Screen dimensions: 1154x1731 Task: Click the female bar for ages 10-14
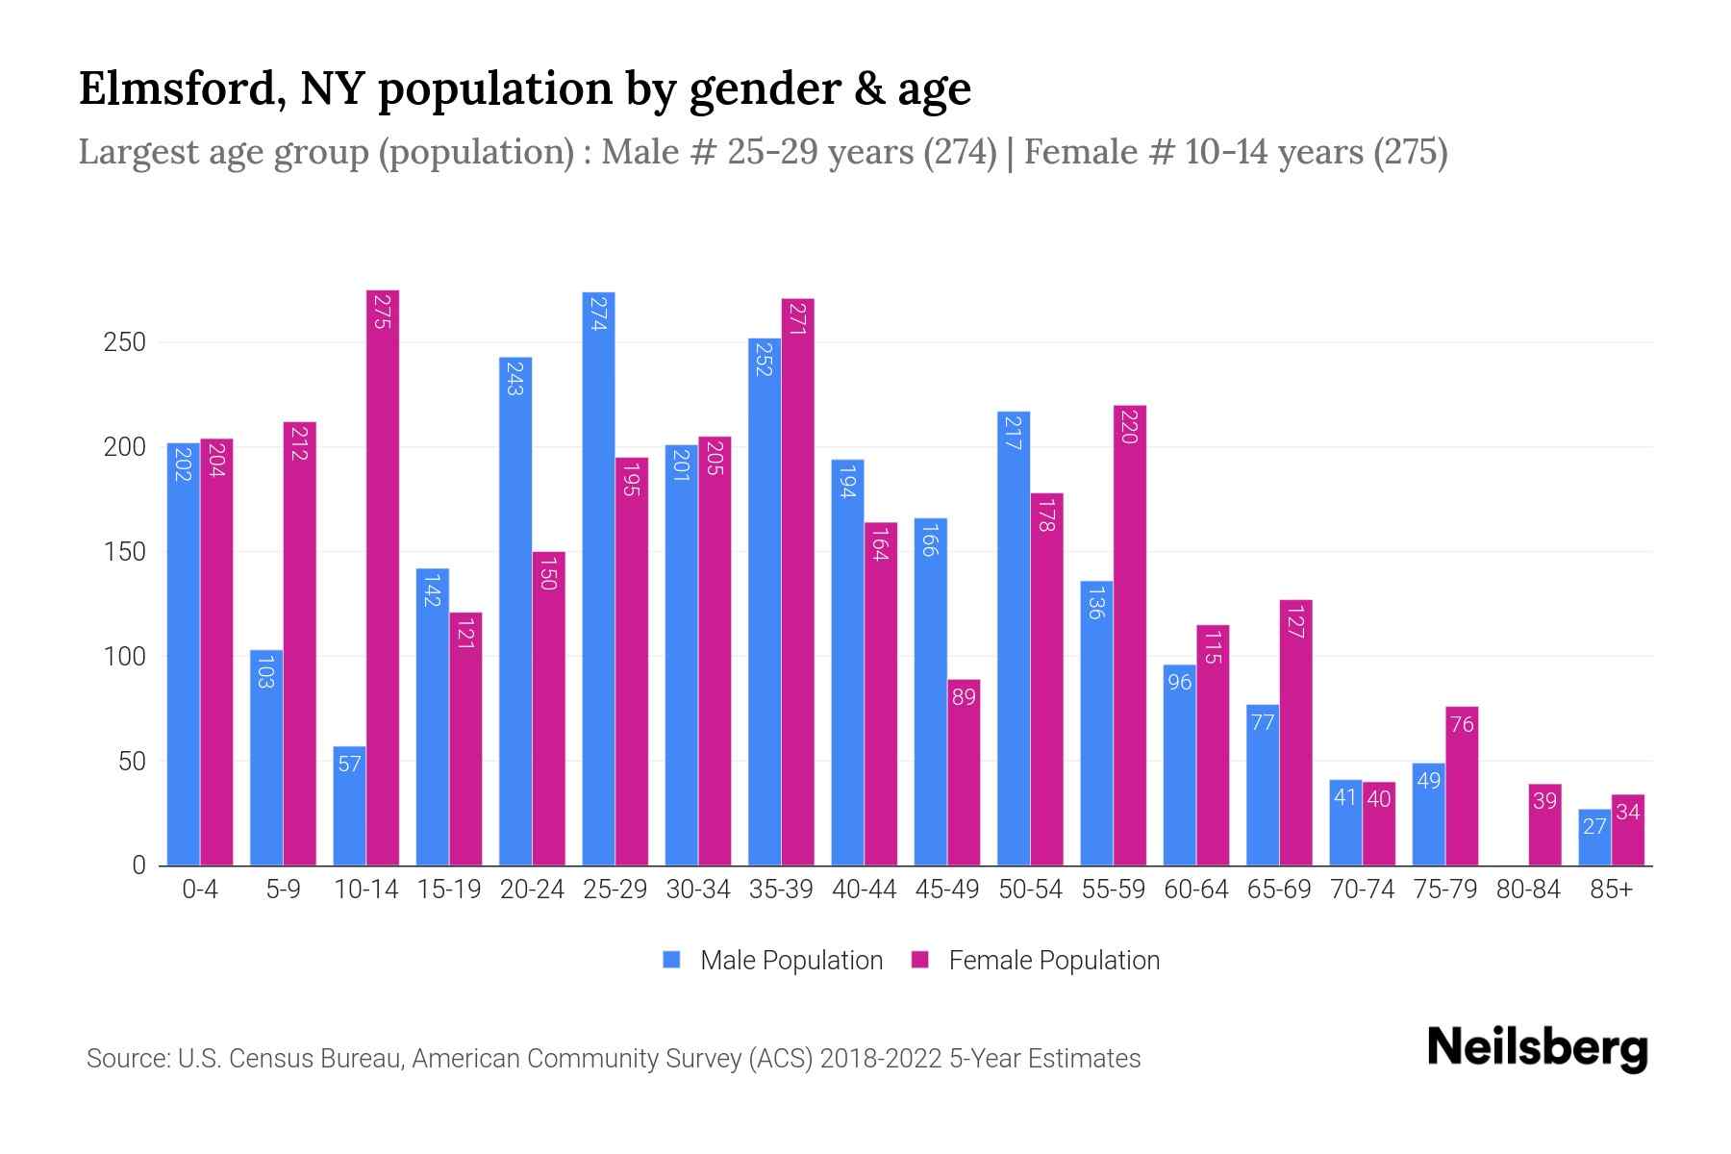click(383, 577)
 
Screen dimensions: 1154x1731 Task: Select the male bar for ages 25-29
click(598, 577)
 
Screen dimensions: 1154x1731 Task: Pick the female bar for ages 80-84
click(1544, 825)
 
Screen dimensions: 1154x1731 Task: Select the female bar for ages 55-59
click(1130, 635)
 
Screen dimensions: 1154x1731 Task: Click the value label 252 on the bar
click(765, 358)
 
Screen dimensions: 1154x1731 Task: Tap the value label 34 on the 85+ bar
click(1628, 813)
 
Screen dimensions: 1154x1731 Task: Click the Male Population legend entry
click(772, 961)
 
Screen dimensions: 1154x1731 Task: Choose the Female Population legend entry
click(1035, 961)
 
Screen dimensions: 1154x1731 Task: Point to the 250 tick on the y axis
click(124, 342)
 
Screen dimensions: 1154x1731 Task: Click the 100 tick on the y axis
click(124, 657)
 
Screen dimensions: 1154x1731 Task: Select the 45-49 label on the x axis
click(947, 890)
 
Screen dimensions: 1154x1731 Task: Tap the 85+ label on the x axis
click(1611, 890)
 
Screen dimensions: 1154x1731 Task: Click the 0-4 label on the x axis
click(200, 890)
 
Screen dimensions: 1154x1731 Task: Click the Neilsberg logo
click(1537, 1048)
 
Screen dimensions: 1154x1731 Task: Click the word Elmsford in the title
click(181, 88)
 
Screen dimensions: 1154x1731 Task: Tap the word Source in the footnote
click(126, 1059)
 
